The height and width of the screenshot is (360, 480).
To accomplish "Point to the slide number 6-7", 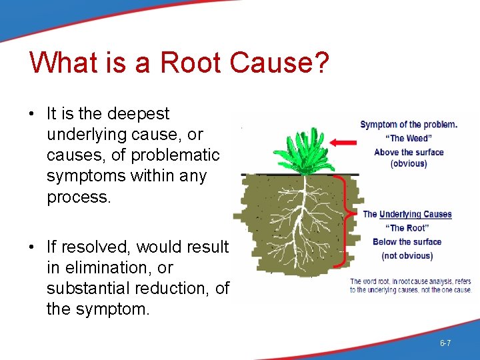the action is coord(445,343).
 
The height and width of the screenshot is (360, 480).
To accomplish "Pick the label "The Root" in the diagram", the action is coord(407,228).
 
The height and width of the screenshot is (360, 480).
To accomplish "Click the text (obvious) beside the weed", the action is coord(409,164).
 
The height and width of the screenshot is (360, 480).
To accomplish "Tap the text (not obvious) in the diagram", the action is coord(407,255).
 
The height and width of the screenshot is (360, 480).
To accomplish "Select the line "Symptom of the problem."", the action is coord(409,125).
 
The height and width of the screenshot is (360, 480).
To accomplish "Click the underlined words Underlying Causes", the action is coord(415,214).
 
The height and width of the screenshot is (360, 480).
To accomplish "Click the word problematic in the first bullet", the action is coord(175,155).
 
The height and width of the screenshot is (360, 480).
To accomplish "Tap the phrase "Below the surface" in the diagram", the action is coord(407,242).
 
